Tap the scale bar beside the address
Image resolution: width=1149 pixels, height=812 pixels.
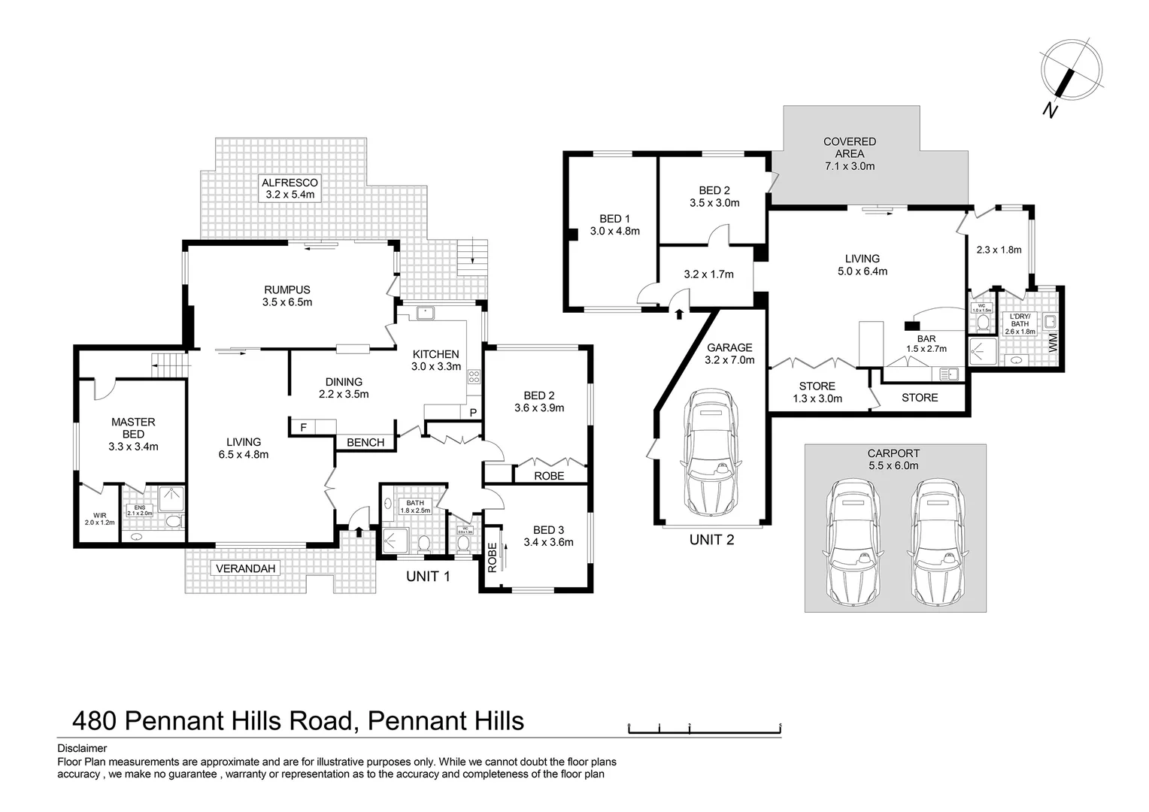(x=705, y=728)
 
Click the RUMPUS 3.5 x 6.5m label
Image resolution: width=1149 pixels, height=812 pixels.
(x=286, y=296)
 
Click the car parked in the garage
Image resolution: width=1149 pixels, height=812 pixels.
(x=711, y=453)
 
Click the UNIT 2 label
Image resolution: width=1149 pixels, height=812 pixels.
(x=711, y=539)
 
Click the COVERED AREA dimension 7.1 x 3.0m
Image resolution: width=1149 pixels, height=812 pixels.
(x=850, y=166)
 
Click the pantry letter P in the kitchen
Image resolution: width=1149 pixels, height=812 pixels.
(x=473, y=413)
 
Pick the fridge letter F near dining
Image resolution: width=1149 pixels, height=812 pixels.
(x=303, y=427)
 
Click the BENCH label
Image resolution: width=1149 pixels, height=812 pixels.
(x=365, y=442)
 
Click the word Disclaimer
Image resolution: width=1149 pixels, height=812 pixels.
(x=82, y=749)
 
